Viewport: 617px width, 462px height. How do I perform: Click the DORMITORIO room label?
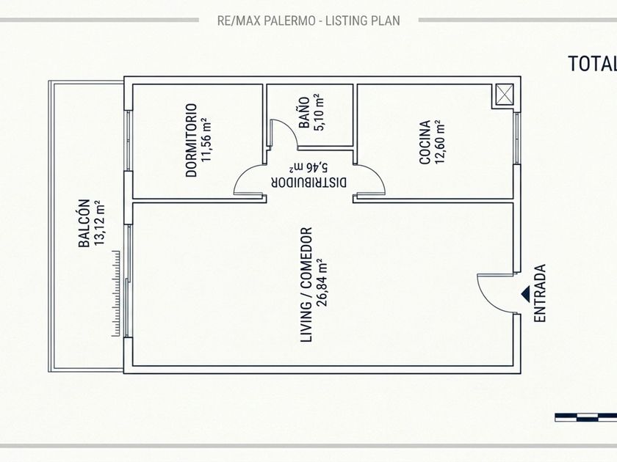[x=191, y=140]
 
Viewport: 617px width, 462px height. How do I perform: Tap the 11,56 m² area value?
[x=206, y=140]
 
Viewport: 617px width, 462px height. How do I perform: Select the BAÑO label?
[x=304, y=113]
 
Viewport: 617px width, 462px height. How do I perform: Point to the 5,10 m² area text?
[x=318, y=112]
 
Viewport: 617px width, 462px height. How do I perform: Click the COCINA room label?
[x=425, y=142]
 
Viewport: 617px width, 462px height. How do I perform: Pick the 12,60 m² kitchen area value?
[x=439, y=142]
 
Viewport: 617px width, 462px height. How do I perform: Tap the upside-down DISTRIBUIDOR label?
[x=309, y=183]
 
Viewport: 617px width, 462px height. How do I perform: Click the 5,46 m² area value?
[x=308, y=168]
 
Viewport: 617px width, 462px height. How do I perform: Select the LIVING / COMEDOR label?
[x=306, y=285]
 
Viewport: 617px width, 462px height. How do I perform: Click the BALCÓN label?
[x=84, y=224]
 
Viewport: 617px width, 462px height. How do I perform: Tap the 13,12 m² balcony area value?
[x=99, y=224]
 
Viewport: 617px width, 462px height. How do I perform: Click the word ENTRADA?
[x=540, y=293]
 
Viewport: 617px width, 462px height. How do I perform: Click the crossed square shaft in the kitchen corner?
[x=505, y=95]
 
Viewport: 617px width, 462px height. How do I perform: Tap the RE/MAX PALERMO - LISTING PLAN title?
[x=308, y=21]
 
